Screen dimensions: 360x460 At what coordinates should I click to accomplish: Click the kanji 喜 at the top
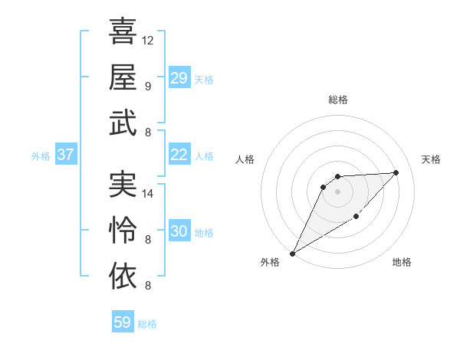pos(123,32)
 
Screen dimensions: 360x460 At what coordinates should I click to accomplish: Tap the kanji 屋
pos(123,77)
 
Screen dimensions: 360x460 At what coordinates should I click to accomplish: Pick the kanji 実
pos(123,185)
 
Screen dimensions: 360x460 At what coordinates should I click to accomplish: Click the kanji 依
pos(123,275)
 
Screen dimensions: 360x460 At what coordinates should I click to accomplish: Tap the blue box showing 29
pos(179,78)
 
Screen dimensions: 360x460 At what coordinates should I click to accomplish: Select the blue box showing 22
pos(179,155)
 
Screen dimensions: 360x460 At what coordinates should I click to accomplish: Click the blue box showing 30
pos(179,231)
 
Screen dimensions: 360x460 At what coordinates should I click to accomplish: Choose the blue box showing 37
pos(66,155)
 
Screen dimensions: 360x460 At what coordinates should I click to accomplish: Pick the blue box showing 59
pos(123,322)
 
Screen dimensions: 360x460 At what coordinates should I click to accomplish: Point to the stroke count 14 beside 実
pos(148,194)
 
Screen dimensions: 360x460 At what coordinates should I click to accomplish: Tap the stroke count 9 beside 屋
pos(147,86)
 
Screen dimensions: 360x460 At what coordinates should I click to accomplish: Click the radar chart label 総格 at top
pos(337,100)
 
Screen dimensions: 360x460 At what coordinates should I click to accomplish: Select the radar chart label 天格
pos(432,159)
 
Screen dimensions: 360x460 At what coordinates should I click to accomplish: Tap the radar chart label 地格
pos(402,263)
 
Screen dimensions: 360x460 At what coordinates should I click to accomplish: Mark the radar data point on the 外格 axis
pos(292,253)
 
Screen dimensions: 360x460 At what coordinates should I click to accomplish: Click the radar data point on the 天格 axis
pos(396,172)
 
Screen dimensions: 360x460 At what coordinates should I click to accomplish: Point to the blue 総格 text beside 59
pos(147,324)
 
